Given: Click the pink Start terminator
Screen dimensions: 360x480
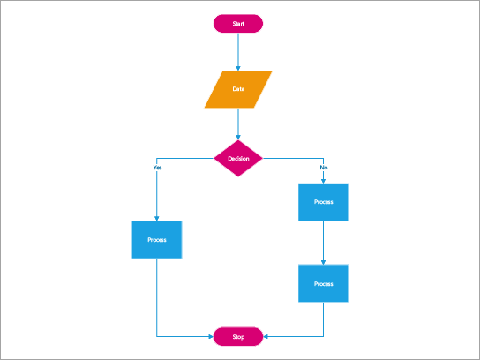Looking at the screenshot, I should coord(238,24).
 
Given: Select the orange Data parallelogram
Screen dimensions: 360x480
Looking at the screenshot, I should coord(238,89).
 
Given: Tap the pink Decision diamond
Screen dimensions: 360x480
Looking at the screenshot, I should coord(238,159).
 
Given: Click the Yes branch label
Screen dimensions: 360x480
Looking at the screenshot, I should coord(157,167).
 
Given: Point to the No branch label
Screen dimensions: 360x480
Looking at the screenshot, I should coord(323,167).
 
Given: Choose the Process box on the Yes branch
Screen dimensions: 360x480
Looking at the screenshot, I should coord(157,239).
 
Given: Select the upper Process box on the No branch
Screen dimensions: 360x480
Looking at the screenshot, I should coord(324,202).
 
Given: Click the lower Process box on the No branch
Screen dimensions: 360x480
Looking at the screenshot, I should coord(324,283).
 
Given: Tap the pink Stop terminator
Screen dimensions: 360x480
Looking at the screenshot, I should coord(238,336).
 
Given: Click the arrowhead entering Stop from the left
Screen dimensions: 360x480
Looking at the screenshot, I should coord(211,336).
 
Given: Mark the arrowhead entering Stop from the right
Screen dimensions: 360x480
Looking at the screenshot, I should coord(266,336).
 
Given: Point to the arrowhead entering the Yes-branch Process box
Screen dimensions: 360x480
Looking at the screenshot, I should coord(157,218).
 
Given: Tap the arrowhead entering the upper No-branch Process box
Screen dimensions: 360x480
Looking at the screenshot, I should coord(324,181).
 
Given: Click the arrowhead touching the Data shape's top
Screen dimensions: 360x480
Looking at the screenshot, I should coord(238,68).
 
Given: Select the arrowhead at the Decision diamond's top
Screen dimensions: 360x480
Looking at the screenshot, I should coord(238,138).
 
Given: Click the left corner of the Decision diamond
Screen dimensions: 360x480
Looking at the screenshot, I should coord(215,159).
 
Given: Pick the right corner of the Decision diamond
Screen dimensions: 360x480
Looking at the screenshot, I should coord(261,159).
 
